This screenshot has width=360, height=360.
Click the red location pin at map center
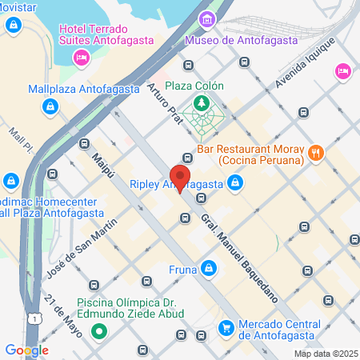181,178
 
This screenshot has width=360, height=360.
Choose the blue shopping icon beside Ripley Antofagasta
234,185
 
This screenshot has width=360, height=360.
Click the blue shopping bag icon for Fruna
208,268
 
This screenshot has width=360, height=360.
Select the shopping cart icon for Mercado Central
226,327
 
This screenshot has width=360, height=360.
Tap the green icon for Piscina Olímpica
100,330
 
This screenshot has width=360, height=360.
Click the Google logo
26,350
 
